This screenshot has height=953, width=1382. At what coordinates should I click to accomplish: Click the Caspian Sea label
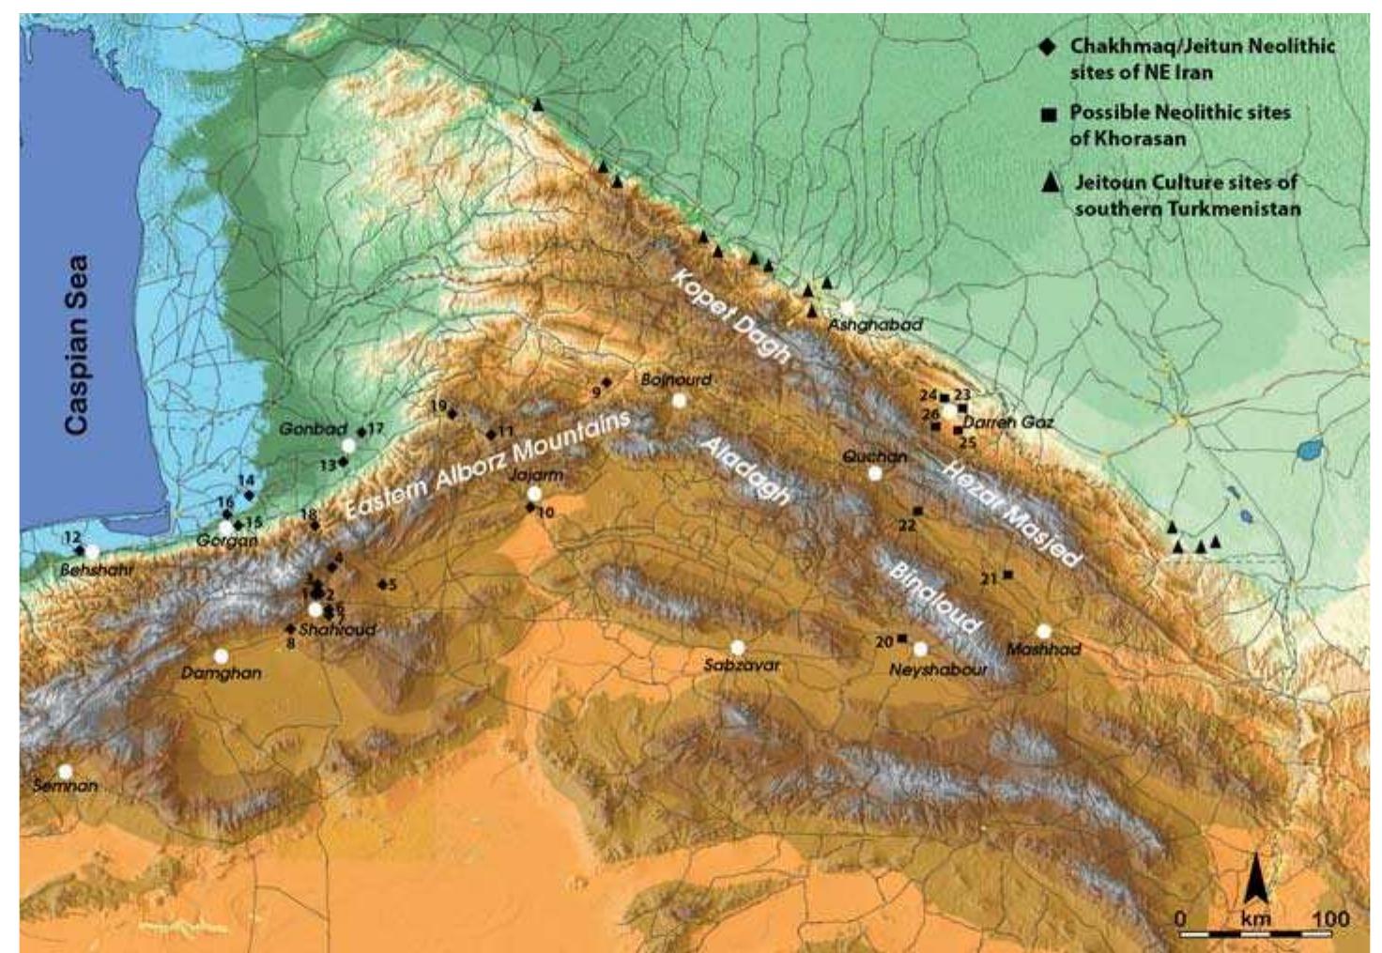[x=77, y=344]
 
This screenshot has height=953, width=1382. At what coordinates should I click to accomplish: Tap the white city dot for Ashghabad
[x=849, y=307]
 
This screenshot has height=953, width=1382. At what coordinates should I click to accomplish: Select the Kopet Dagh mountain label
[x=731, y=317]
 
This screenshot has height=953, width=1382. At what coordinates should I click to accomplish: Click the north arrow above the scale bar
[x=1256, y=880]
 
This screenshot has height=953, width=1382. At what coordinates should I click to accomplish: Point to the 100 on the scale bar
[x=1330, y=917]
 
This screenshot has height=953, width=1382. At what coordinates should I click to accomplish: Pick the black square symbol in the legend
[x=1049, y=115]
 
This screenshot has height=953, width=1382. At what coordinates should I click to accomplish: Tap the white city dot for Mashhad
[x=1044, y=631]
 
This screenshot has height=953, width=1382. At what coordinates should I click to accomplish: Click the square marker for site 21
[x=1007, y=575]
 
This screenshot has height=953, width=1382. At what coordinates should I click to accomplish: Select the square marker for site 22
[x=917, y=511]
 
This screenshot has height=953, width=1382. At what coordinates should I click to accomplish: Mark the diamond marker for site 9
[x=607, y=382]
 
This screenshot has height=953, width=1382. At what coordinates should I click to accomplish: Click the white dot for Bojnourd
[x=679, y=401]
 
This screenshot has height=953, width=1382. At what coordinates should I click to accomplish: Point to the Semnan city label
[x=65, y=786]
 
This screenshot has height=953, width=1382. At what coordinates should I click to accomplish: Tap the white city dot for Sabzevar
[x=738, y=647]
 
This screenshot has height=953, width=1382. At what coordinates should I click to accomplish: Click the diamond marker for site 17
[x=361, y=432]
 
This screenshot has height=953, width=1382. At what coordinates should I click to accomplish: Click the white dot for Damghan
[x=221, y=655]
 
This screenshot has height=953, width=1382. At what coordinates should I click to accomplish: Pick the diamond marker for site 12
[x=80, y=550]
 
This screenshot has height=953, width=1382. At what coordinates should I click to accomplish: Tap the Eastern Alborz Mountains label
[x=485, y=467]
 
